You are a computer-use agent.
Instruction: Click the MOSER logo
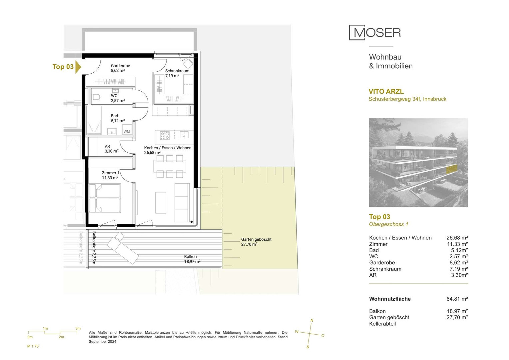click(375, 33)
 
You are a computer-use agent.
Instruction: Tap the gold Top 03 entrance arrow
click(78, 67)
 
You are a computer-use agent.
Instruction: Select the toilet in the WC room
click(96, 97)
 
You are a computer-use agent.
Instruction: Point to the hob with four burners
click(165, 136)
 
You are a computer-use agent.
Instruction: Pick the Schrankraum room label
click(177, 73)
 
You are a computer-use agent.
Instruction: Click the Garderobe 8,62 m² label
click(121, 68)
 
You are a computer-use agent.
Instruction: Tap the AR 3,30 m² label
click(112, 149)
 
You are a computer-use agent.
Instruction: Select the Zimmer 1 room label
click(111, 175)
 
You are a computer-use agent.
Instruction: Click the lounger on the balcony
click(123, 248)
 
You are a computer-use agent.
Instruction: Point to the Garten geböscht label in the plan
click(256, 242)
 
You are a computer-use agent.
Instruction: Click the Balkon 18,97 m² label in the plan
click(192, 259)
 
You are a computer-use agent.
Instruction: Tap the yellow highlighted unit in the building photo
click(451, 169)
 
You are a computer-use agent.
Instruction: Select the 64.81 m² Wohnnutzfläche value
click(457, 299)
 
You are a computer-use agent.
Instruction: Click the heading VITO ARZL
click(386, 91)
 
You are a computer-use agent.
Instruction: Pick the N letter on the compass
click(312, 320)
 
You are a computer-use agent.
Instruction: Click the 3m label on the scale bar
click(78, 328)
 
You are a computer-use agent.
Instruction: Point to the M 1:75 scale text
click(33, 346)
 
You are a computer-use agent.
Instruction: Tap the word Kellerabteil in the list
click(382, 324)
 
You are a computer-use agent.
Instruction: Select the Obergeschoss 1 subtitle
click(388, 224)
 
